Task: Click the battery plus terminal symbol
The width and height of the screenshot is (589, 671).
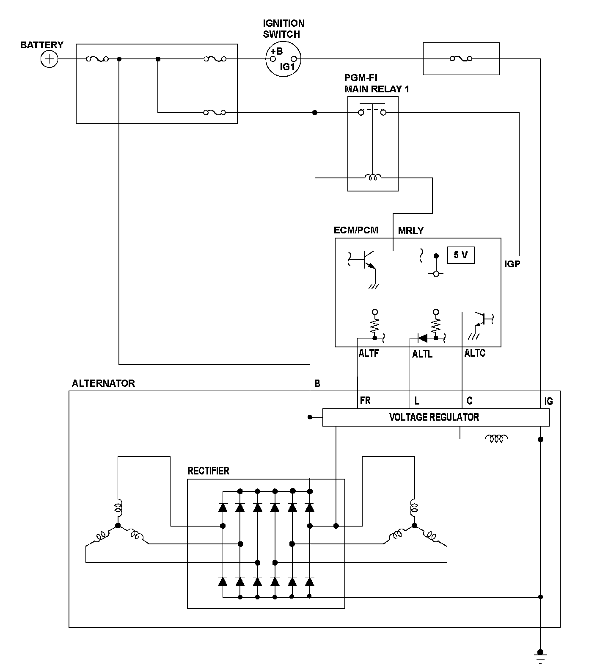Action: (x=50, y=59)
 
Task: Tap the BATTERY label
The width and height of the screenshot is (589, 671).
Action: (x=41, y=45)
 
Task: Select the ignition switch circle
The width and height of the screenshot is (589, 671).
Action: (x=283, y=59)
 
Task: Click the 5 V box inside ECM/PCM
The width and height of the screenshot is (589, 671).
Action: (x=460, y=255)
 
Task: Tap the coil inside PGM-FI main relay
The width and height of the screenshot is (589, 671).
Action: (x=373, y=177)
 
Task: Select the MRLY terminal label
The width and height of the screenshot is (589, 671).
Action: (x=410, y=231)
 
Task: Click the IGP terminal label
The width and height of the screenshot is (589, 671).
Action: (x=512, y=264)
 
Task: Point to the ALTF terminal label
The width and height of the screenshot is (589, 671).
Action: (x=369, y=353)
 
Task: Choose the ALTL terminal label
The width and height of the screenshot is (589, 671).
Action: (x=422, y=354)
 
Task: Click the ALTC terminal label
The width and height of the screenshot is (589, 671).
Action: (x=475, y=353)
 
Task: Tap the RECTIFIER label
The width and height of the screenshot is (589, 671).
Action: (x=208, y=471)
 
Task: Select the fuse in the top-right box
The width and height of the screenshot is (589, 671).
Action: (x=461, y=59)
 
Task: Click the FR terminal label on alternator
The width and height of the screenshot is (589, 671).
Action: (x=365, y=400)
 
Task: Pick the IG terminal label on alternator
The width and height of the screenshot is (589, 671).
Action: (x=548, y=401)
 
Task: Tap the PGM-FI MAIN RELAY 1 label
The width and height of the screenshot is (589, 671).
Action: (x=376, y=83)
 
